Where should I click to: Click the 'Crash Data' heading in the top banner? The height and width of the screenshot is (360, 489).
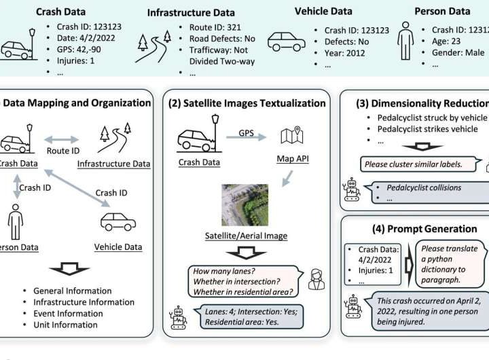pos(60,11)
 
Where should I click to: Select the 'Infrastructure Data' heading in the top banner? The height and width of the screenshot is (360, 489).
pos(191,12)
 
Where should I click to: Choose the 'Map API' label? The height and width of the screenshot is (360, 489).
pos(294,159)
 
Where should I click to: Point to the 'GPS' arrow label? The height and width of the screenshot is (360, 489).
pos(245,134)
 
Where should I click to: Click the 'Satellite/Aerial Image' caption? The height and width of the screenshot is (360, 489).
pos(246,236)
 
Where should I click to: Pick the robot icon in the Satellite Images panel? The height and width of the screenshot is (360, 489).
pos(179,317)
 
